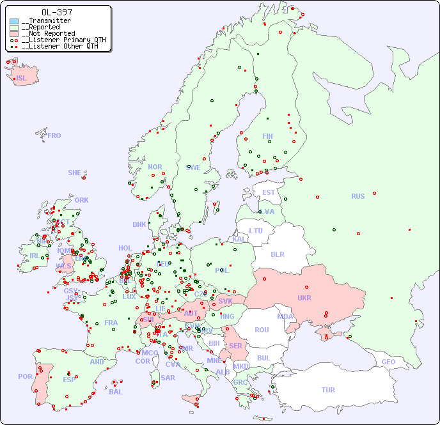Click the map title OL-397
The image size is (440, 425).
(56, 12)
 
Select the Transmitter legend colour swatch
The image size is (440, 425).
(14, 21)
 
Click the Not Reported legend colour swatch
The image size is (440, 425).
(14, 33)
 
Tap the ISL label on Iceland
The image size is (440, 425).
(22, 79)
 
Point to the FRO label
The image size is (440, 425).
(54, 135)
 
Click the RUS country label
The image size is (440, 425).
(357, 196)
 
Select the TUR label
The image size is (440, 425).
(328, 390)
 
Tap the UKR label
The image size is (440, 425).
(304, 298)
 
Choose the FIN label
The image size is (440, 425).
(267, 136)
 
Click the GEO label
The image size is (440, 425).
(388, 362)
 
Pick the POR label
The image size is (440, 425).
(25, 376)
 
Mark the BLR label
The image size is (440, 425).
(278, 254)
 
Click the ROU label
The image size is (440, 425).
(262, 330)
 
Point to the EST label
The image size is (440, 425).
(269, 192)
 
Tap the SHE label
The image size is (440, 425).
(74, 173)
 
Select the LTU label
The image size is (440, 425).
(256, 231)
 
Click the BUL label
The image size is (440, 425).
(263, 358)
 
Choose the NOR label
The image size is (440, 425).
(155, 167)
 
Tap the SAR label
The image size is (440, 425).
(168, 378)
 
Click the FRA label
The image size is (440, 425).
(111, 323)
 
